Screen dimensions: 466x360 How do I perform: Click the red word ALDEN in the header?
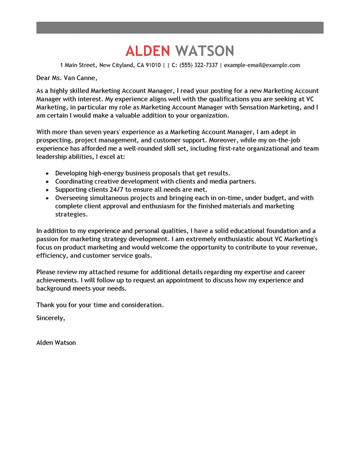[148, 50]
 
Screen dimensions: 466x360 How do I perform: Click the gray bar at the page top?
[180, 27]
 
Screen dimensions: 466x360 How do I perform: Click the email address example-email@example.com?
[262, 65]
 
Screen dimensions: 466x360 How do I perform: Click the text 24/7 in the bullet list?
[116, 189]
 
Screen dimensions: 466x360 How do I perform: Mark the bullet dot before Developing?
[47, 173]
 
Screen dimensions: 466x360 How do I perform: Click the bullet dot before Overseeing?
[47, 198]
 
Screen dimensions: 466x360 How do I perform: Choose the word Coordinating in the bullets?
[76, 181]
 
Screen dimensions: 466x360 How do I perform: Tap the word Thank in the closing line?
[46, 305]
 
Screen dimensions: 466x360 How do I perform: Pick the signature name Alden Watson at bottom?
[56, 343]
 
